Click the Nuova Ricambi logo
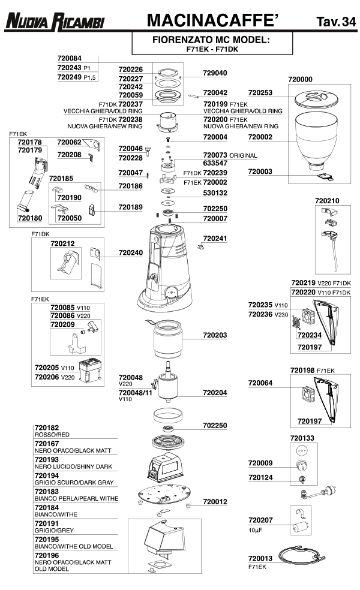pos(55,22)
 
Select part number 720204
pos(215,392)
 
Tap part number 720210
pos(327,200)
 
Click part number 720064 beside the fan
pos(260,383)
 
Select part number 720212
pos(63,244)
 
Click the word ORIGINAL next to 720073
pos(243,155)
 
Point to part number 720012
pos(215,501)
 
